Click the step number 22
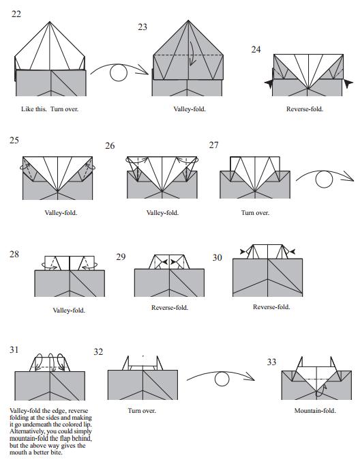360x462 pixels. tap(16, 14)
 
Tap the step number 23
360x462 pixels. tap(142, 27)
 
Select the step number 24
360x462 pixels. tap(256, 50)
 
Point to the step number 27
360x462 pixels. tap(213, 145)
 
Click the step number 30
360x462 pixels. tap(217, 257)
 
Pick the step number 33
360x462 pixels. tap(271, 362)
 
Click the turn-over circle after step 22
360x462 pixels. tap(119, 72)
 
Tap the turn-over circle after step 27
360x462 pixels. tap(324, 179)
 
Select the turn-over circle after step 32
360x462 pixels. tap(222, 379)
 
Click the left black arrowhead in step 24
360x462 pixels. tap(269, 84)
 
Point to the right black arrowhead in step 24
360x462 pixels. tap(348, 83)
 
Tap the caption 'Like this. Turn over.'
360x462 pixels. tap(50, 109)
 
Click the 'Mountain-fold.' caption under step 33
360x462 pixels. tap(315, 410)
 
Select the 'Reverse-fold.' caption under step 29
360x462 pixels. tap(170, 308)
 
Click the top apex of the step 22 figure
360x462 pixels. tap(50, 22)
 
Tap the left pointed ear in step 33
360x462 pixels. tap(300, 362)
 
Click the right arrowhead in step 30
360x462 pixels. tap(292, 252)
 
